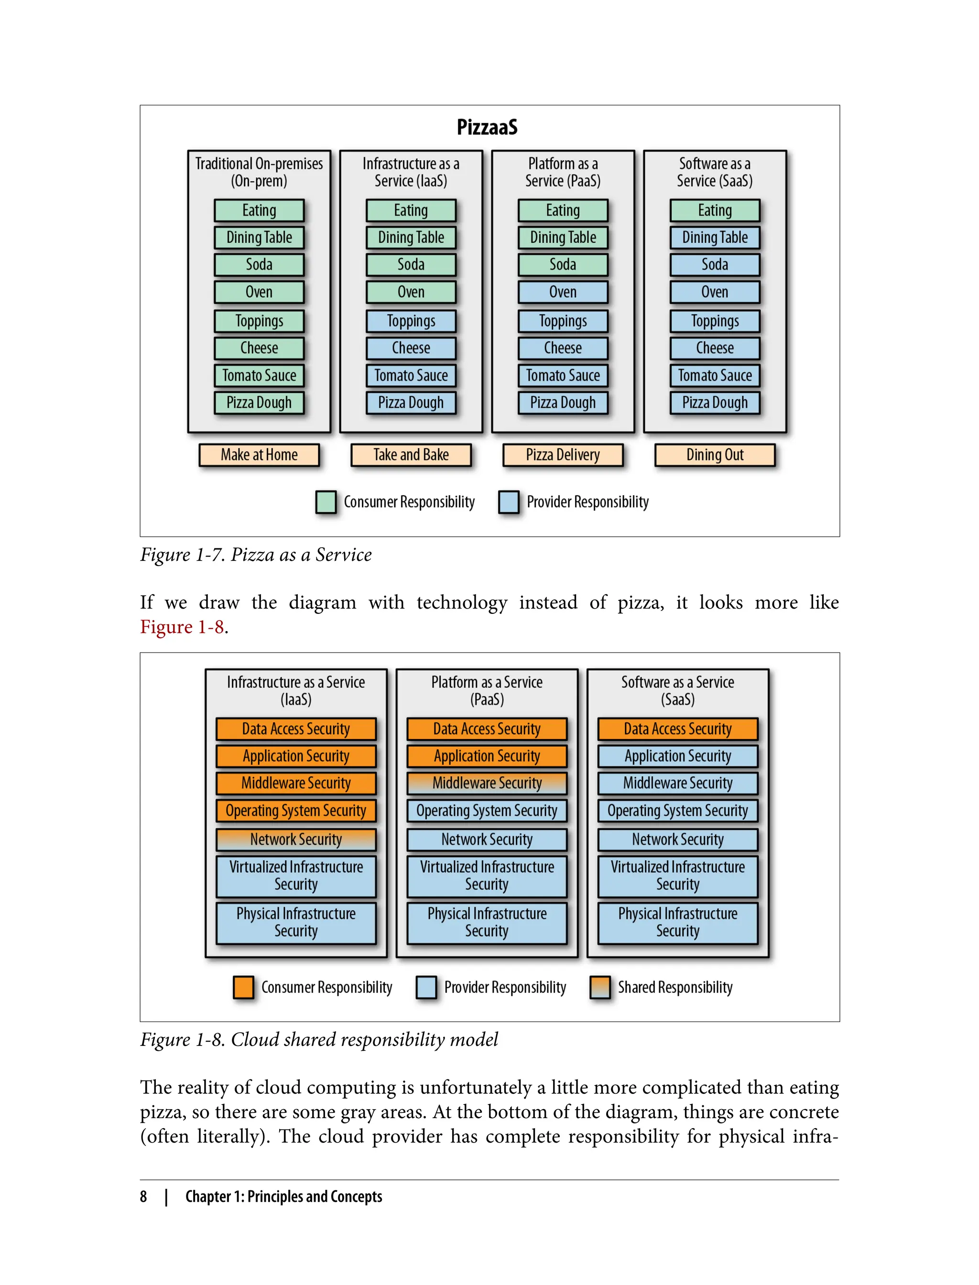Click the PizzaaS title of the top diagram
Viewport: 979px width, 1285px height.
coord(487,127)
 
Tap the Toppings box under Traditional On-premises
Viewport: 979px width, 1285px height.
coord(259,321)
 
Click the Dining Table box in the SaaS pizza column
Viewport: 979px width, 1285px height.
coord(715,238)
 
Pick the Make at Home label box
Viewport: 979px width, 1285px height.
coord(259,455)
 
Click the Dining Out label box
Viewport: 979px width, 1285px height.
coord(715,455)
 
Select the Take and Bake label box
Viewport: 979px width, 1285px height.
coord(411,455)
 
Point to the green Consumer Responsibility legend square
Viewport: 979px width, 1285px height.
coord(326,502)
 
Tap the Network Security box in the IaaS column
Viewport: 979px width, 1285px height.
coord(296,840)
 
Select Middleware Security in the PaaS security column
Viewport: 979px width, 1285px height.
coord(487,783)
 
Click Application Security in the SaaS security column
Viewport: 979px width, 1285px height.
coord(677,756)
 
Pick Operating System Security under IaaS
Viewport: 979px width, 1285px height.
coord(296,811)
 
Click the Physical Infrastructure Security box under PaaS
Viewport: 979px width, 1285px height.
coord(487,923)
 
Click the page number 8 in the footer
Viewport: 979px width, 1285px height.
coord(143,1197)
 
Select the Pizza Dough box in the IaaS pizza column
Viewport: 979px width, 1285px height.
coord(411,403)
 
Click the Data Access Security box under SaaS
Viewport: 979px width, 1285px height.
coord(677,729)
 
